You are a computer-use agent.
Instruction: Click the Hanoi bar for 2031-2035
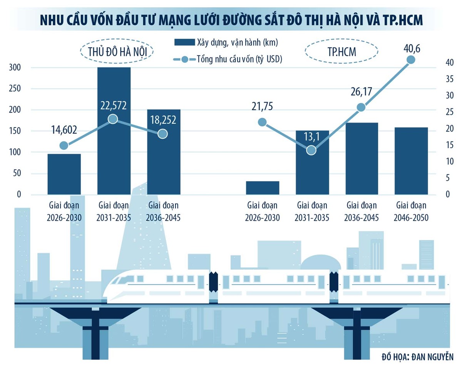[114, 131]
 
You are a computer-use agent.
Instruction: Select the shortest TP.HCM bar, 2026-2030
[262, 188]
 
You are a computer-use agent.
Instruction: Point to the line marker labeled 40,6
[411, 59]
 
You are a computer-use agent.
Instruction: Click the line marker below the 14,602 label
[64, 145]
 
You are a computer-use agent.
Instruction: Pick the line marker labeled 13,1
[311, 150]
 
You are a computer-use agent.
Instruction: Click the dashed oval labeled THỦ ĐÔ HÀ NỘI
[117, 51]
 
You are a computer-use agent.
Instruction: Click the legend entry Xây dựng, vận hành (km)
[226, 42]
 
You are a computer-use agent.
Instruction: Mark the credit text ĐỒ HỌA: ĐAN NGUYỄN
[417, 357]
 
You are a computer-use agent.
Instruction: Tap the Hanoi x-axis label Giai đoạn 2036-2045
[163, 211]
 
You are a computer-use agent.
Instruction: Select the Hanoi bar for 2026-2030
[64, 174]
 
